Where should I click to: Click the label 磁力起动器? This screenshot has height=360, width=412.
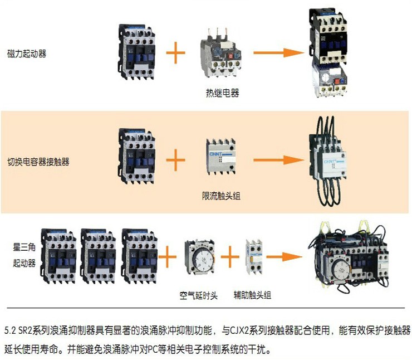point(27,54)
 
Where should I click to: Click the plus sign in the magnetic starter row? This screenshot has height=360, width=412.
point(175,53)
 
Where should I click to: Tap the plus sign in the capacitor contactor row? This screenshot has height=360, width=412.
point(175,161)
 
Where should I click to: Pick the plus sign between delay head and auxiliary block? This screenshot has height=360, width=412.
point(227,257)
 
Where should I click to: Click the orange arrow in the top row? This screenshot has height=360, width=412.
point(278,53)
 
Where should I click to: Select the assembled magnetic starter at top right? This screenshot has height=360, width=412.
point(328,53)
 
